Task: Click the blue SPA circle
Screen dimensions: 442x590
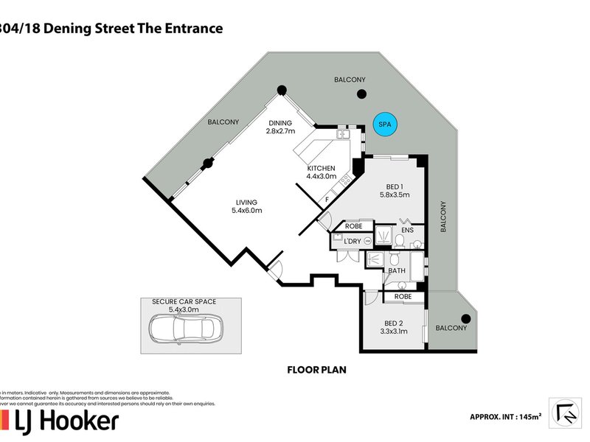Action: coord(383,124)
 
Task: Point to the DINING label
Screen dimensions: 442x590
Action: coord(280,122)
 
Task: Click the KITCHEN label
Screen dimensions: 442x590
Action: coord(322,168)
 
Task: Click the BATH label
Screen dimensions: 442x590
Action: coord(397,271)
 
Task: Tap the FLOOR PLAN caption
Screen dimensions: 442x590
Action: coord(316,371)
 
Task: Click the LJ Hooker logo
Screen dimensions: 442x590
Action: coord(60,421)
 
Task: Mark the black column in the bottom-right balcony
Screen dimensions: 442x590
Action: coord(465,318)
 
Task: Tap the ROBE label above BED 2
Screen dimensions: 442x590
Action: coord(403,296)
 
